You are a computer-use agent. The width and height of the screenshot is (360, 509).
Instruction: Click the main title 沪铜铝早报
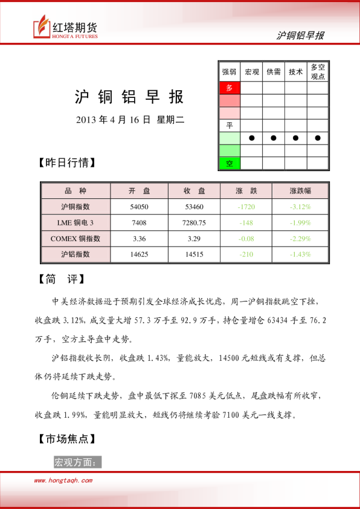[x=129, y=97]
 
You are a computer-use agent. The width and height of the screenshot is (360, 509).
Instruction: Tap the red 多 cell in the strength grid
[x=230, y=88]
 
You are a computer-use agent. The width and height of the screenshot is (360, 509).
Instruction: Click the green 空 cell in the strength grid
[x=230, y=163]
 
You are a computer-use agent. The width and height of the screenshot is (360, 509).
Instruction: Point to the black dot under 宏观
[x=252, y=138]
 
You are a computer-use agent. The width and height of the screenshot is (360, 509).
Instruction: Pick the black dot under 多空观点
[x=318, y=138]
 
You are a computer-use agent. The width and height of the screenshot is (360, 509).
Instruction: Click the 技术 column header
[x=296, y=71]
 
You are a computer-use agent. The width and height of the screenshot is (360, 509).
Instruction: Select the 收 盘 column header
[x=194, y=190]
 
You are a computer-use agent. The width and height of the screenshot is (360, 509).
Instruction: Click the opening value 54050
[x=140, y=207]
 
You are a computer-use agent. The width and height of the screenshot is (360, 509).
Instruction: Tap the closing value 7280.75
[x=194, y=222]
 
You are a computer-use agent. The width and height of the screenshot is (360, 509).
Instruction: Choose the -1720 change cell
[x=246, y=207]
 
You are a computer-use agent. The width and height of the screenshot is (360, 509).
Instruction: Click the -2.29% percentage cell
[x=300, y=238]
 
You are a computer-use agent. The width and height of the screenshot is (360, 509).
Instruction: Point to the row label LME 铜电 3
[x=76, y=222]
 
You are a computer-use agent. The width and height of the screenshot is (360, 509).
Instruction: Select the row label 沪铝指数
[x=76, y=254]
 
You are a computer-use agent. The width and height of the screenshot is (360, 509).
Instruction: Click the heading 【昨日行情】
[x=67, y=163]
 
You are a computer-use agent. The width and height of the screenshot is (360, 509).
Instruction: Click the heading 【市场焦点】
[x=67, y=439]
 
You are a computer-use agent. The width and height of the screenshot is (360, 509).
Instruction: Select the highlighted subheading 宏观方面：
[x=78, y=462]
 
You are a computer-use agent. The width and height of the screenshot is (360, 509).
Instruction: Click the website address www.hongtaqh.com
[x=63, y=481]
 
